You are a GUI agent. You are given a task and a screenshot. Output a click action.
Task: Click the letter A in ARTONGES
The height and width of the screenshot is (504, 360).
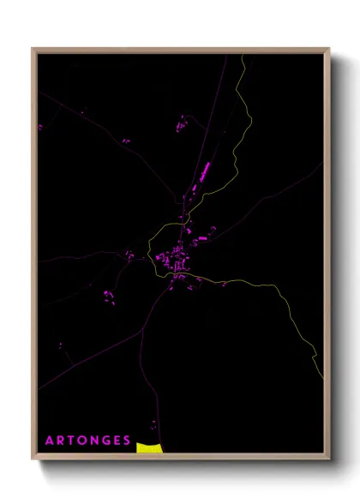pos(50,441)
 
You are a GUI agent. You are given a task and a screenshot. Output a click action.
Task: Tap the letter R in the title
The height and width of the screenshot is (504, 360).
pos(62,441)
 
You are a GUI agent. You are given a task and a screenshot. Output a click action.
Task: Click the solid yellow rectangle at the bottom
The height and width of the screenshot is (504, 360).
pos(148,447)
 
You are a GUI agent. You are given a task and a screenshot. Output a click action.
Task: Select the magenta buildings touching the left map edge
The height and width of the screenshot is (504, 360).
pos(39,128)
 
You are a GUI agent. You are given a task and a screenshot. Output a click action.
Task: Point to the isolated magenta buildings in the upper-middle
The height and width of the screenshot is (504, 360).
pos(183,125)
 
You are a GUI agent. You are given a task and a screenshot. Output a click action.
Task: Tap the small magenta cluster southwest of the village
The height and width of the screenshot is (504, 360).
pos(109,297)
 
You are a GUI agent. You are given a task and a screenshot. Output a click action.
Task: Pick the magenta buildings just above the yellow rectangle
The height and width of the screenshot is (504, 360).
pos(153,423)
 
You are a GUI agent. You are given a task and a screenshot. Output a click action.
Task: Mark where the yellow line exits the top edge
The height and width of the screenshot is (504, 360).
pos(244,56)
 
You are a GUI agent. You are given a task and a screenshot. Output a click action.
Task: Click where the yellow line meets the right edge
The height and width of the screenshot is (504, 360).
pos(322,355)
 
